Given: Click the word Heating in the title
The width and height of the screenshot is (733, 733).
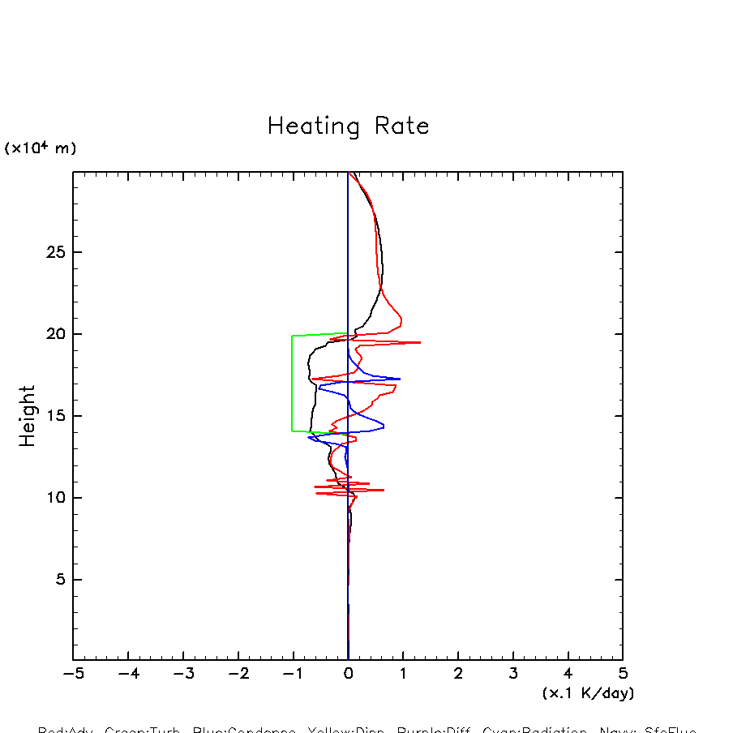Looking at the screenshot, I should coord(314,127).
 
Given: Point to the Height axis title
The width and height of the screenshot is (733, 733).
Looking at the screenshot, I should coord(28,415).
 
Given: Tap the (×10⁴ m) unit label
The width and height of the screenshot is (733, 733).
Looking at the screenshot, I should coord(41,148).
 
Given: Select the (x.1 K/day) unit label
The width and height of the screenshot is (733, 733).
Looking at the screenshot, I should coord(588,693).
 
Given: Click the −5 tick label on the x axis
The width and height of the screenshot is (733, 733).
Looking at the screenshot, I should coord(73,674).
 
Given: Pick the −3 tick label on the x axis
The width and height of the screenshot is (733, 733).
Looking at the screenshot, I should coord(183,674).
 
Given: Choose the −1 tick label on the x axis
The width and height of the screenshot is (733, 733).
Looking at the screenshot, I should coord(293,674).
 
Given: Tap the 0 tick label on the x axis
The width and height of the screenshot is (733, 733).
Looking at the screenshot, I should coord(348,674).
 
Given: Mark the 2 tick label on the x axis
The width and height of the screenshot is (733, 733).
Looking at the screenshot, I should coord(458,674).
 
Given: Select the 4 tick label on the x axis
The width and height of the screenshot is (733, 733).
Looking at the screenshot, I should coord(568,674).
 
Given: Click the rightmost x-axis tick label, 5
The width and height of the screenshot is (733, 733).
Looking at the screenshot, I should coord(623,674).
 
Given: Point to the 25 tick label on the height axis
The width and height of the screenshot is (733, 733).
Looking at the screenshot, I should coord(54,252).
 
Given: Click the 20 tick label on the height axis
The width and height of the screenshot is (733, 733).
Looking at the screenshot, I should coord(54,334).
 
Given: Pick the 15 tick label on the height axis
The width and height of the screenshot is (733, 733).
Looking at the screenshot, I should coord(54,416).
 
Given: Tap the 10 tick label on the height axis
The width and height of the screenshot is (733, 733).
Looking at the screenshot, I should coord(54,498).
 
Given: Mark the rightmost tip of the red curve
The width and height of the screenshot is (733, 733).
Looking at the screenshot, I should coord(420,342).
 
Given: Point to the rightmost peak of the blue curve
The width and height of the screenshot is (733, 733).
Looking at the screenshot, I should coord(400,379).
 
